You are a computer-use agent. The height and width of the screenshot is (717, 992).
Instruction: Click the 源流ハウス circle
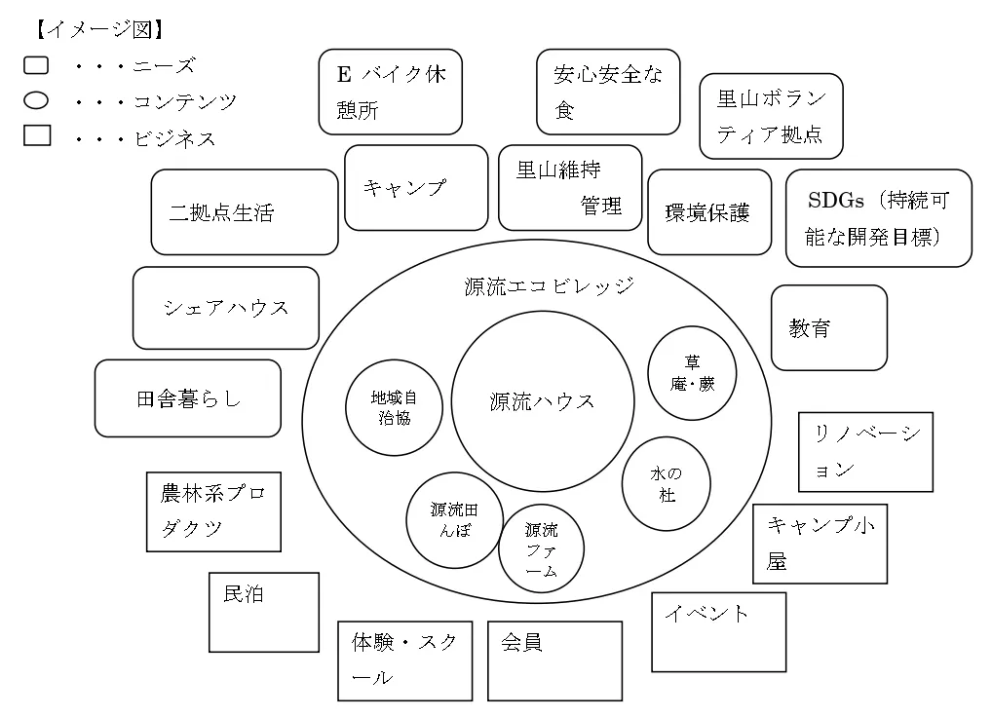tap(542, 401)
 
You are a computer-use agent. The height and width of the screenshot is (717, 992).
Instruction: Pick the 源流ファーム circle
tap(542, 549)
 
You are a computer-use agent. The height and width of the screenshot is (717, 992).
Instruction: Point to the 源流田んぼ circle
tap(454, 520)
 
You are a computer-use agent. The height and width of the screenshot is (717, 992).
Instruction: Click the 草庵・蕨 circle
tap(692, 372)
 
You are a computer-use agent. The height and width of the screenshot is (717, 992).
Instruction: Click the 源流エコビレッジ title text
tap(550, 285)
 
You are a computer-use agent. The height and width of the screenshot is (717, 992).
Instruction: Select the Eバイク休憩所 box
tap(390, 93)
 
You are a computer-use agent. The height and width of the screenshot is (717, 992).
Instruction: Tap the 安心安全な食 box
tap(608, 93)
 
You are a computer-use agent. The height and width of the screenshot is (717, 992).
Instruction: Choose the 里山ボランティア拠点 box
tap(771, 116)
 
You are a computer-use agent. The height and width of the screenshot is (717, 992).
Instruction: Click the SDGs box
tap(878, 217)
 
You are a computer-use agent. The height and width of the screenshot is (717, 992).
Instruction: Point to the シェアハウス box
tap(226, 308)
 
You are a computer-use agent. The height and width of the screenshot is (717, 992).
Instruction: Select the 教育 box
tap(829, 327)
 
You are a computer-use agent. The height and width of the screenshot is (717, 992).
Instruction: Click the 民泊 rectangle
tap(264, 612)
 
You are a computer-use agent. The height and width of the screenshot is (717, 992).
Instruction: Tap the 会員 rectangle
tap(554, 660)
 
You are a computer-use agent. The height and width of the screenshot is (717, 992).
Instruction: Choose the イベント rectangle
tap(718, 631)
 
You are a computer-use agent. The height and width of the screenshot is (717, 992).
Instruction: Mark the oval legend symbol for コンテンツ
tap(36, 100)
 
